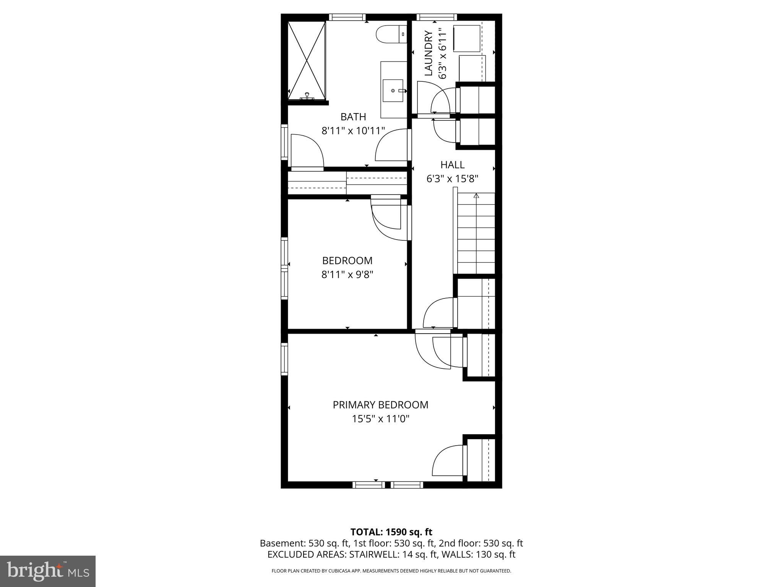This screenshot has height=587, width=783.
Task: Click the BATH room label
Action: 353,117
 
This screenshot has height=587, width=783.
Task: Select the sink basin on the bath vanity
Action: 393,91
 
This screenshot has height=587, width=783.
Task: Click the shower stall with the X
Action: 307,60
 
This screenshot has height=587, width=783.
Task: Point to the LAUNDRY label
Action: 429,53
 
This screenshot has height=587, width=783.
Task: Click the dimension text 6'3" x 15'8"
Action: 452,178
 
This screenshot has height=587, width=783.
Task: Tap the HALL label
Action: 452,165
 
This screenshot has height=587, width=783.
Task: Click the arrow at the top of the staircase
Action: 476,196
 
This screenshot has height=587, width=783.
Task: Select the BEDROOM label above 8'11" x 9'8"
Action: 347,261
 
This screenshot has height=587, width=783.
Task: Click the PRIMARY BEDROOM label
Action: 380,405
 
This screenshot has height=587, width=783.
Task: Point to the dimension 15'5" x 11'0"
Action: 380,419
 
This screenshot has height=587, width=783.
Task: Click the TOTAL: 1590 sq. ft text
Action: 391,532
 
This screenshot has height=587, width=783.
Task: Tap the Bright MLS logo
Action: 48,571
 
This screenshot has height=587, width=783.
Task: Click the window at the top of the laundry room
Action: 436,17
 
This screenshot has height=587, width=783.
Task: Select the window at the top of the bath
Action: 347,17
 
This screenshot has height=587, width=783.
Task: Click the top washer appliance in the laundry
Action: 466,38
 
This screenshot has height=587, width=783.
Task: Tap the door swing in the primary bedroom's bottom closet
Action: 447,461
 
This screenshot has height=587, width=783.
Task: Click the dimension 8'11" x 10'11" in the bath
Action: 353,131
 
